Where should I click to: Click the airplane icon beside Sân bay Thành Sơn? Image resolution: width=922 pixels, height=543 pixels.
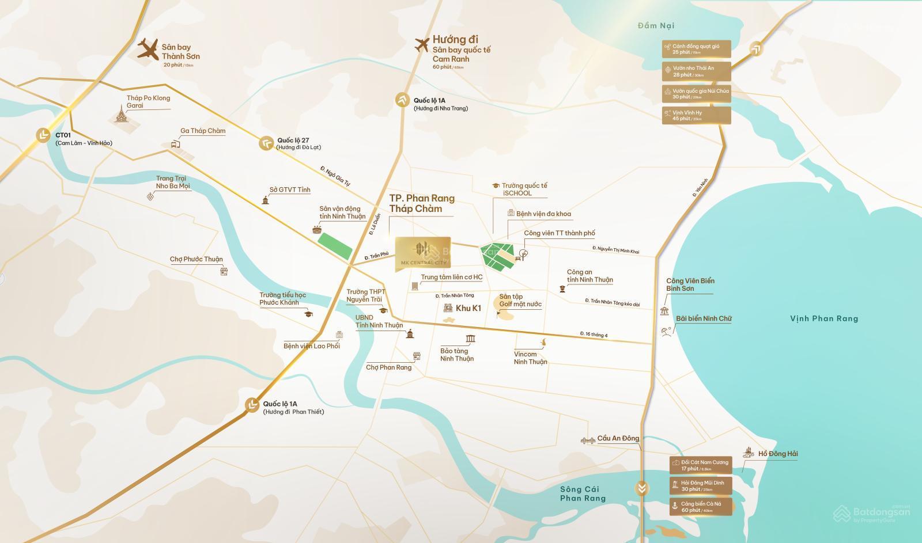[148, 50]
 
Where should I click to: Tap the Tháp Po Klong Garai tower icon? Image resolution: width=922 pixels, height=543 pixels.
[121, 114]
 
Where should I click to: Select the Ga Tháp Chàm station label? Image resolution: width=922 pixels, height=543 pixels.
[202, 131]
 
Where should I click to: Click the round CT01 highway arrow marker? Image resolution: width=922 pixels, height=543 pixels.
[43, 135]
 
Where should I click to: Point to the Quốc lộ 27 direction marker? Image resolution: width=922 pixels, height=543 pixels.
[266, 143]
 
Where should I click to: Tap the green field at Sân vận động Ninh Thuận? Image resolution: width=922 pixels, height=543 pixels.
[335, 246]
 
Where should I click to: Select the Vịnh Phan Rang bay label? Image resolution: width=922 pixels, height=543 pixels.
[823, 318]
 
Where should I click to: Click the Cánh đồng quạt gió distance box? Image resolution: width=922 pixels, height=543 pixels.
[697, 49]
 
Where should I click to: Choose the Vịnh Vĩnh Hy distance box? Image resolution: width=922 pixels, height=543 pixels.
[697, 115]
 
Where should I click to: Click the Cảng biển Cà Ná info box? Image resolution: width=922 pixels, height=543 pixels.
[700, 507]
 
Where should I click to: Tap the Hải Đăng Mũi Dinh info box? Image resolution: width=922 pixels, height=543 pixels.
[700, 486]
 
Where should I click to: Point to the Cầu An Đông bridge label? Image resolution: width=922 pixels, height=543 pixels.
[618, 438]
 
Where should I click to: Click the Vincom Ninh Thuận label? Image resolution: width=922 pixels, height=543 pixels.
[530, 358]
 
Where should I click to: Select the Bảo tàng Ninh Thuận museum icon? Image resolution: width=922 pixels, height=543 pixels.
[470, 339]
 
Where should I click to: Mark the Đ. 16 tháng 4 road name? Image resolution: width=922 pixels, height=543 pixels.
[594, 335]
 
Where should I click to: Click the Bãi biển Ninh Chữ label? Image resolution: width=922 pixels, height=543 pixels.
[703, 318]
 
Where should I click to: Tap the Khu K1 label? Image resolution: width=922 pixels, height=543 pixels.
[468, 308]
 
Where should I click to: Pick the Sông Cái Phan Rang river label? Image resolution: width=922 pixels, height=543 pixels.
[583, 493]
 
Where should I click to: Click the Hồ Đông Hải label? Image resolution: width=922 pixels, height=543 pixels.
[777, 454]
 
